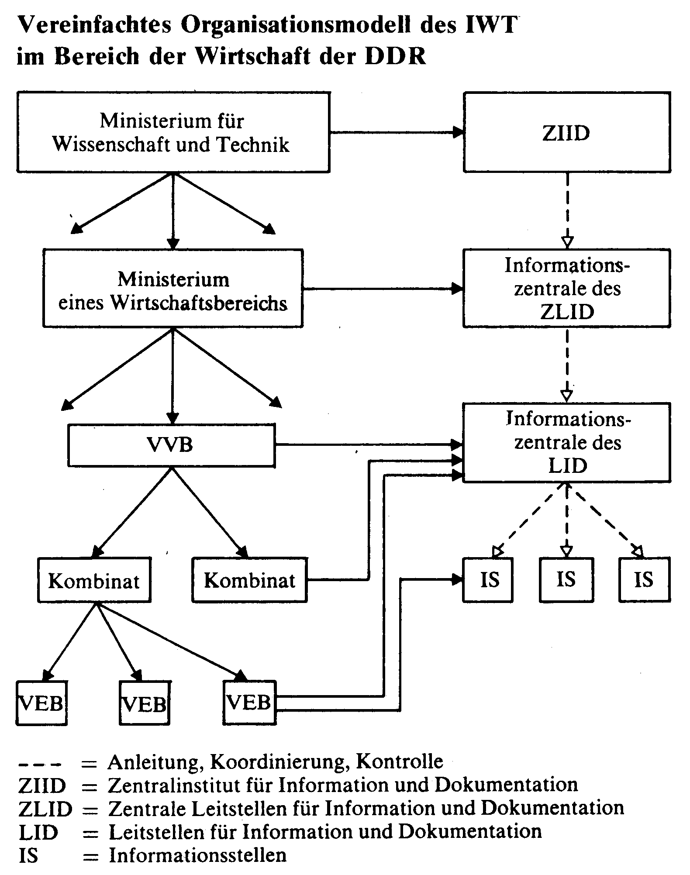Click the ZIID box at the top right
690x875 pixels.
pos(567,132)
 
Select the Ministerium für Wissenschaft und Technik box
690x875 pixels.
pos(173,132)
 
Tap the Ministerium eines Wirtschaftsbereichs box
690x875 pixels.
pos(173,288)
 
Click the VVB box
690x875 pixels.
pos(171,445)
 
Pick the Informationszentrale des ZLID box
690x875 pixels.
pos(567,288)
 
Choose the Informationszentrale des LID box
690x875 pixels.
pos(567,443)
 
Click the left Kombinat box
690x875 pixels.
pos(94,580)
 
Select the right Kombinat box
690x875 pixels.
pos(250,580)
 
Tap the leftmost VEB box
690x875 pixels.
pos(41,703)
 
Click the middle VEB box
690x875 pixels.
pos(145,703)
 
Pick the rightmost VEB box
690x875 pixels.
pos(250,703)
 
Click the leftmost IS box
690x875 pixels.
pos(488,580)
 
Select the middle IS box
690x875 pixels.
pos(566,580)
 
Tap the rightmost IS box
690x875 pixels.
pos(645,580)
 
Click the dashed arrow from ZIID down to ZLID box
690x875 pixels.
pos(567,211)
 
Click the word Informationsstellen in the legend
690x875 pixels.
pos(198,855)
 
